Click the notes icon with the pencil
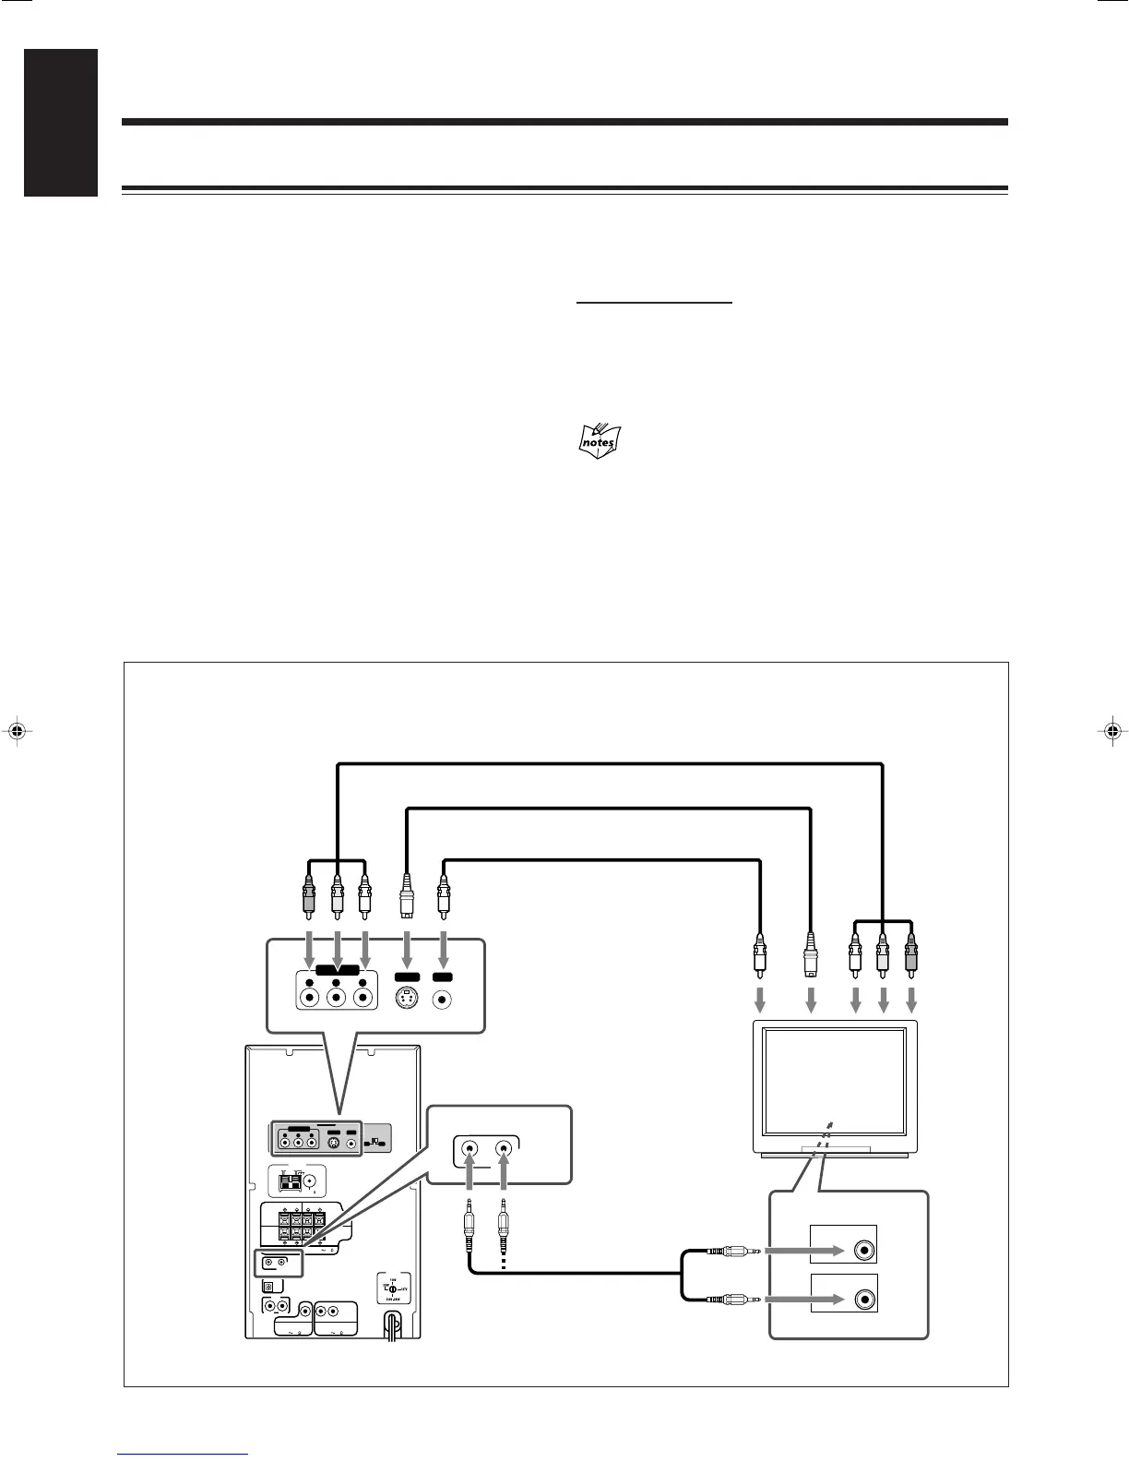(599, 438)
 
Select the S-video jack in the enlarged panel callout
(407, 352)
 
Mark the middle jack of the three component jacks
(337, 352)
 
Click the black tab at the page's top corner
(61, 123)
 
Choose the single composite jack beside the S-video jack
(446, 352)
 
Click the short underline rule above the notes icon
(654, 302)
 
